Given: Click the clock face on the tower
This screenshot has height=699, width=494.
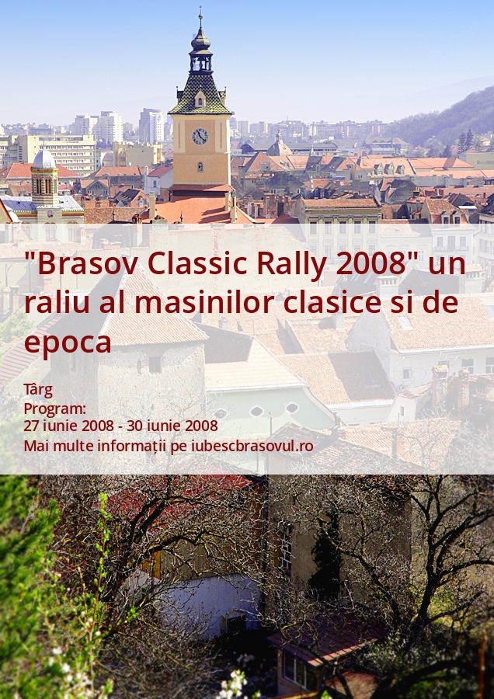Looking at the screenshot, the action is coord(200,136).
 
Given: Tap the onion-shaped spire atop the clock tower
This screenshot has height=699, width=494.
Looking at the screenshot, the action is coord(200,41).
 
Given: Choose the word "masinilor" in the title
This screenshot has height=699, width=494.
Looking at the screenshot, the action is coord(204,302).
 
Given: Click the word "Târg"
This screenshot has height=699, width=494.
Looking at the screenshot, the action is coord(38,391).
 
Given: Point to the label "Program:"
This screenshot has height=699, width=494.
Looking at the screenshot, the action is coord(54,409).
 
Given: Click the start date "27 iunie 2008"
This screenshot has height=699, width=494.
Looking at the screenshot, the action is coord(68,426).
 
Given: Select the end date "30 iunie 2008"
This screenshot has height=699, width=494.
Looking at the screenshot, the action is coord(172,426).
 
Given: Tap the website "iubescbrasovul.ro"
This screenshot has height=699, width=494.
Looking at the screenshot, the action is coord(252,446).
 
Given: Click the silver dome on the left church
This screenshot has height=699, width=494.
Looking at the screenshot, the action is coord(44,159).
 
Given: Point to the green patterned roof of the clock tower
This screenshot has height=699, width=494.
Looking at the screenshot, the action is coord(200,95).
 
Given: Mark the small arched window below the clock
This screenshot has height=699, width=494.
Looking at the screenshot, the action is coord(200,167).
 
